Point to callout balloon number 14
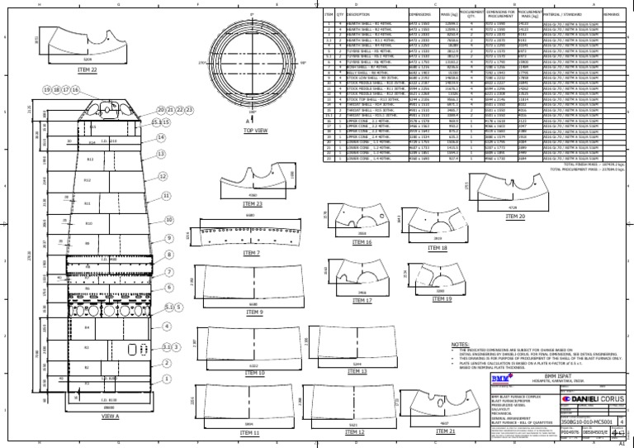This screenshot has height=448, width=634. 160,138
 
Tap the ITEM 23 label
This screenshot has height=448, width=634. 253,203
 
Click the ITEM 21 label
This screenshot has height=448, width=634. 445,431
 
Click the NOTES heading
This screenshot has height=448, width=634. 460,344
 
